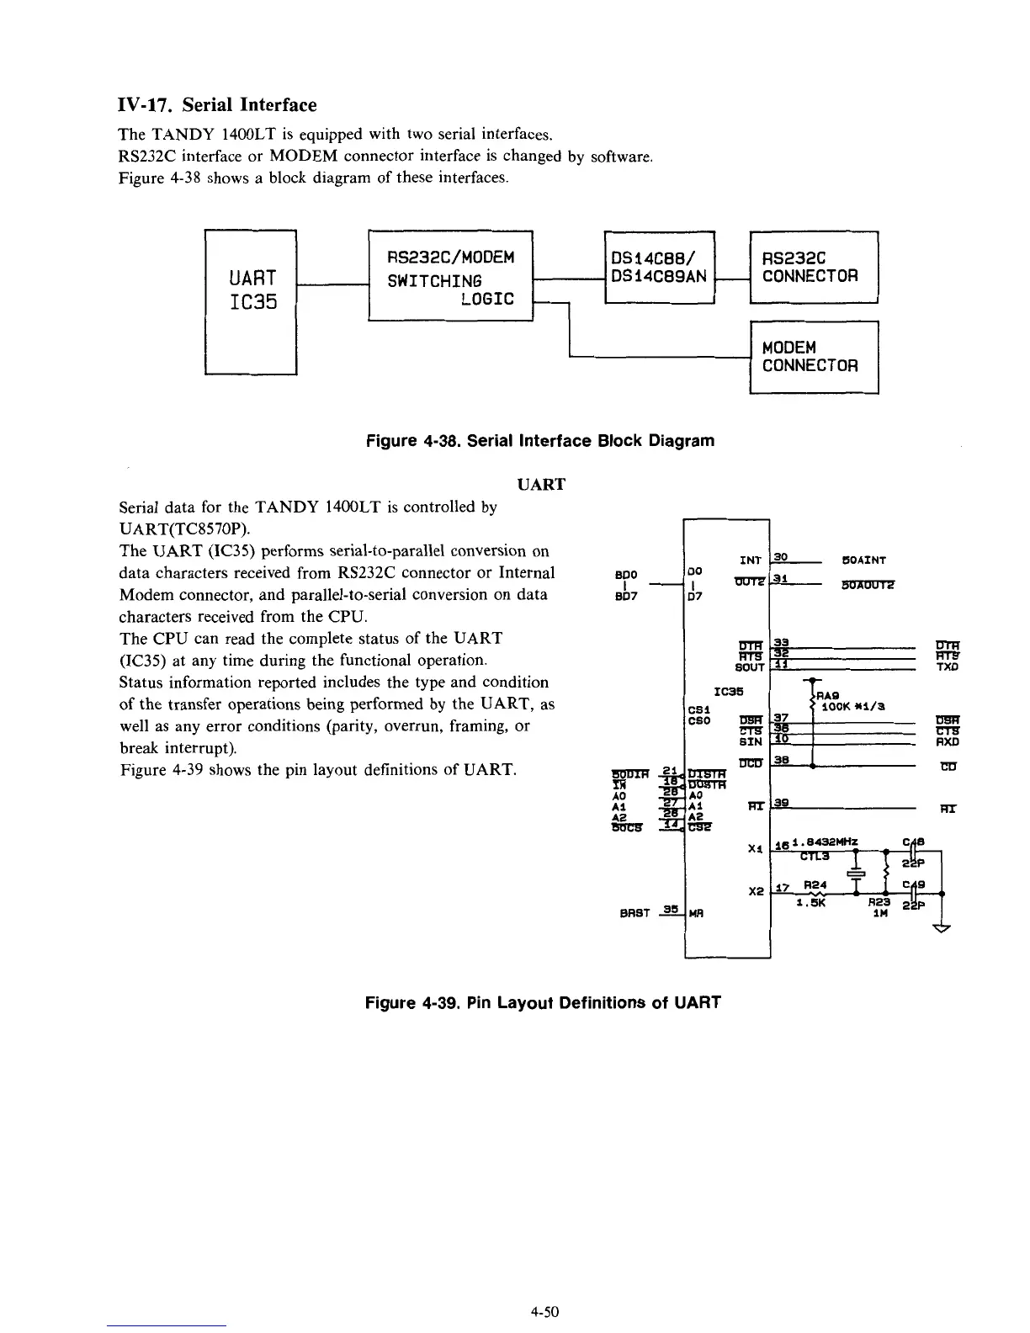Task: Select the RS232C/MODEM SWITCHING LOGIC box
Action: (x=451, y=275)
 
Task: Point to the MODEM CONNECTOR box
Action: (x=813, y=357)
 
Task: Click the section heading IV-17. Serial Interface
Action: (x=216, y=105)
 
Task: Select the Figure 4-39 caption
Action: (x=542, y=1003)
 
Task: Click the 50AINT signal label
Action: (x=863, y=560)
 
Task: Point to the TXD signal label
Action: (x=948, y=667)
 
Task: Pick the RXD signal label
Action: (x=948, y=742)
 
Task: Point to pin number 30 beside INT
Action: (x=780, y=557)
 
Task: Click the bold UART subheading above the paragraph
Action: (x=540, y=485)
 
